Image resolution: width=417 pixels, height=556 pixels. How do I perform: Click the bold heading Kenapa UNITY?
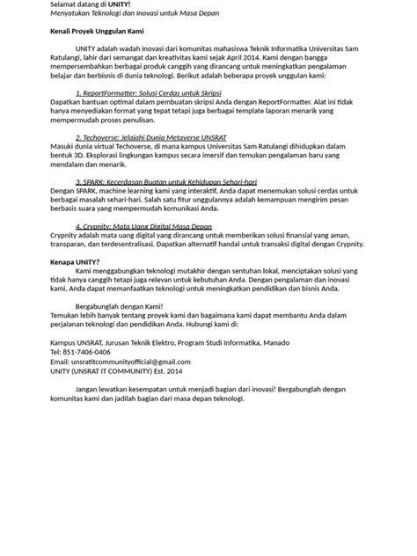pos(74,261)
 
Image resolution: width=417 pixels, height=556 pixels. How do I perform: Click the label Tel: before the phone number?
pos(55,351)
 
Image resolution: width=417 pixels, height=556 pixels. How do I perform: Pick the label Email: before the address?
pos(60,362)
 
